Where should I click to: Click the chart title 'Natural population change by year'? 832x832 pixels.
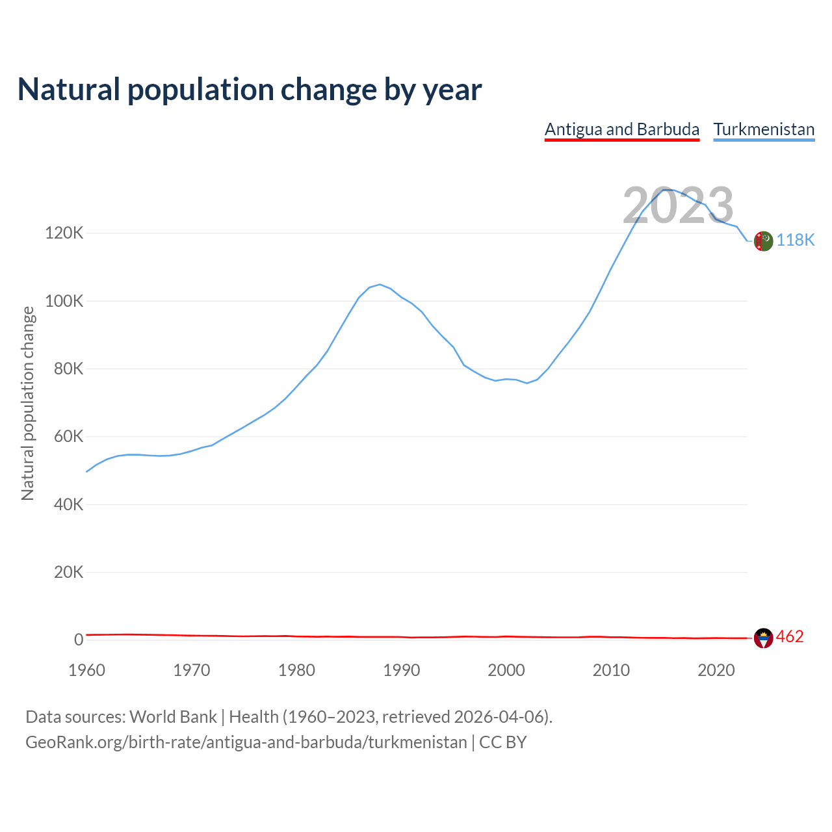tap(250, 90)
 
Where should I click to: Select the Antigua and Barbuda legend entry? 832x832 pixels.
tap(621, 129)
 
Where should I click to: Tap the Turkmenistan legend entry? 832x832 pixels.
tap(764, 129)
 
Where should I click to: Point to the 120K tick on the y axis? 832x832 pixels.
tap(64, 233)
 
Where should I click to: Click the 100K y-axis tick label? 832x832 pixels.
tap(64, 301)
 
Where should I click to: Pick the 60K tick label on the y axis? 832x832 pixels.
tap(68, 437)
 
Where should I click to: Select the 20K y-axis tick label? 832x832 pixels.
tap(68, 573)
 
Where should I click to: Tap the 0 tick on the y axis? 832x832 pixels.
tap(79, 640)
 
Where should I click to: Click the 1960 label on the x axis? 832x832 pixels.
tap(86, 670)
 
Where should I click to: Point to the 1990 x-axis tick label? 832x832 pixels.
tap(402, 670)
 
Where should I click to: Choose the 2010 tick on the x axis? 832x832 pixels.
tap(611, 670)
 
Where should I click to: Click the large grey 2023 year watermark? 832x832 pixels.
tap(678, 205)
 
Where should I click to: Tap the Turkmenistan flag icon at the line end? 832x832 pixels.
tap(763, 240)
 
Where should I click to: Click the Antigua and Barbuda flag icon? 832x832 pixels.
tap(763, 638)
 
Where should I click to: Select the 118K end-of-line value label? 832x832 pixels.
tap(796, 240)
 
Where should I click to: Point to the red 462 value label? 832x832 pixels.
tap(790, 636)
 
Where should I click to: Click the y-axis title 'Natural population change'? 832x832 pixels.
tap(28, 403)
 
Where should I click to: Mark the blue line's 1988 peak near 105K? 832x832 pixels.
tap(380, 284)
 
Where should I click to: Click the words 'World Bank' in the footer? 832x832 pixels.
tap(173, 717)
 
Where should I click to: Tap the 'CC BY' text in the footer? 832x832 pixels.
tap(503, 742)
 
